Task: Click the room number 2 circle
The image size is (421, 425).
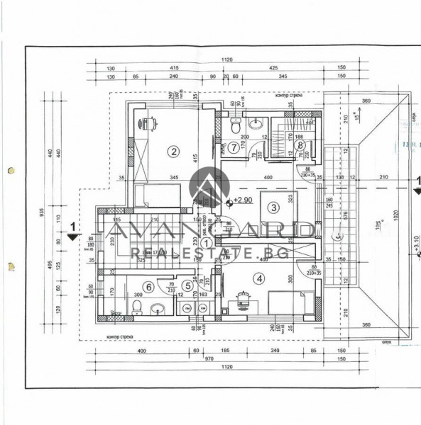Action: [172, 150]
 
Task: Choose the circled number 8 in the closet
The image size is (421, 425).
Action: [300, 145]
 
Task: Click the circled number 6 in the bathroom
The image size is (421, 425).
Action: [149, 286]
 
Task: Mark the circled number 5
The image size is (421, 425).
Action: [187, 286]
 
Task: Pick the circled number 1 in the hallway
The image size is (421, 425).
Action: [207, 242]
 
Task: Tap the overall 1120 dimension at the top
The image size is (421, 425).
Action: [226, 61]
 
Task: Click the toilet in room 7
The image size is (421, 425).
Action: [235, 128]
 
